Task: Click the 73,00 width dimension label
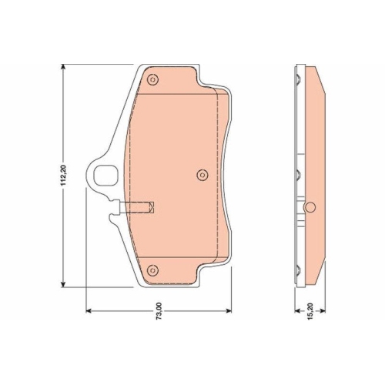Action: coord(159,311)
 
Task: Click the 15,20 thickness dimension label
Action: coord(310,311)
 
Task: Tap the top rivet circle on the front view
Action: coord(152,80)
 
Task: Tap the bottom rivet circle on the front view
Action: coord(152,270)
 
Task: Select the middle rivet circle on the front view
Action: coord(203,176)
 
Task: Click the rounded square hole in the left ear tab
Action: coord(106,176)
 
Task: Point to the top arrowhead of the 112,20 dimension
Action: coord(63,67)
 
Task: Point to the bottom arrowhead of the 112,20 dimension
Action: coord(63,283)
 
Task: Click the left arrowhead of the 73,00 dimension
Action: coord(89,311)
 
